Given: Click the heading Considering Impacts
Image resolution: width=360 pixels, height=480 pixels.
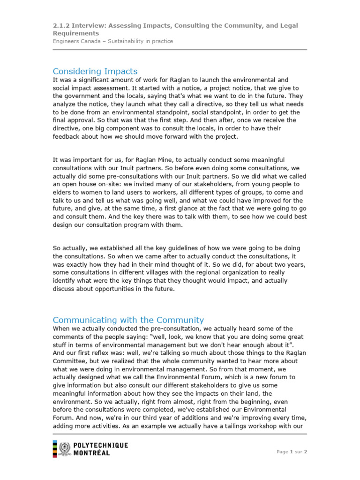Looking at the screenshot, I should click(95, 71).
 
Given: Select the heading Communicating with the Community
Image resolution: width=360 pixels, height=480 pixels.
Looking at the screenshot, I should click(128, 320).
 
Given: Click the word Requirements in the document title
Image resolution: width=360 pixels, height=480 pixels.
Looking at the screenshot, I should click(75, 33).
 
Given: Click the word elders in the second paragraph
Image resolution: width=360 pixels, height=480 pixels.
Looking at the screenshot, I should click(62, 193).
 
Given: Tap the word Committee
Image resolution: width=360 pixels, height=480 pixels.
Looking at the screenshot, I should click(70, 362).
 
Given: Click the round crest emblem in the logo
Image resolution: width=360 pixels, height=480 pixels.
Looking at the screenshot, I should click(66, 449).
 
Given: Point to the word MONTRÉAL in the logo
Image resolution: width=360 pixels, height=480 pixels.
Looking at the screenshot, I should click(92, 453).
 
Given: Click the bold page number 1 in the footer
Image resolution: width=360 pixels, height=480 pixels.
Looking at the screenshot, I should click(292, 452).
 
